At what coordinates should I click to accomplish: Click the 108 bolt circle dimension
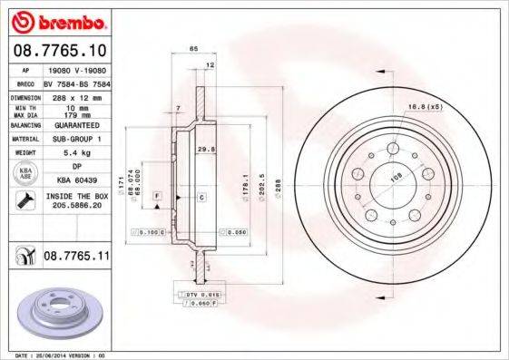395,179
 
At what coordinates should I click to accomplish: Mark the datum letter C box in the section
201,197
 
